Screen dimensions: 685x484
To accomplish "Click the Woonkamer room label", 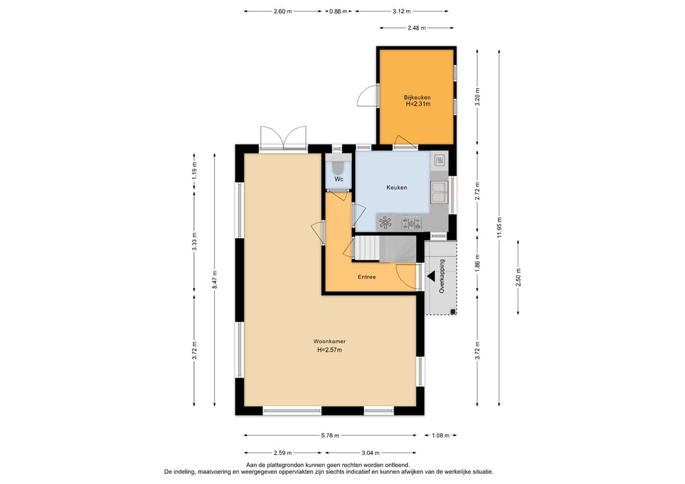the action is coord(329,342).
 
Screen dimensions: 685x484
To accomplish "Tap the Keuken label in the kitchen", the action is coord(396,187).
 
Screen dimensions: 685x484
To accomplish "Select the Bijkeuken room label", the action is coord(417,98).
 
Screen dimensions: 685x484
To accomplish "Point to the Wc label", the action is coord(339,179).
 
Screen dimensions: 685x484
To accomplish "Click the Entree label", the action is coord(367,277).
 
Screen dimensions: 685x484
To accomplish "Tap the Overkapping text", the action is coord(441,276).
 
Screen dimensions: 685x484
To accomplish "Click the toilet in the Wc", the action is coord(339,166).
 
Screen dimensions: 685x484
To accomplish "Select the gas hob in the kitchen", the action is coord(412,223).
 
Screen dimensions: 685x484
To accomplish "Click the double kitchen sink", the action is coord(439,192).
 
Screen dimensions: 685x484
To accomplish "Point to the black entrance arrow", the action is coord(431,276).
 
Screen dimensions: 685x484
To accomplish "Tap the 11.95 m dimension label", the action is coord(499,227).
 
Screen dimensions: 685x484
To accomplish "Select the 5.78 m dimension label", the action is coord(330,436).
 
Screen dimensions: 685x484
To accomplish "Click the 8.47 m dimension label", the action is coord(214,279).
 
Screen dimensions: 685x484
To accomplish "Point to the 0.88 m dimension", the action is coord(338,11).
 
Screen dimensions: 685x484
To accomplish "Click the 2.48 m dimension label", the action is coord(417,28).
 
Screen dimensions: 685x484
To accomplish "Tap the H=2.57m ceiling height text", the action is coord(329,350).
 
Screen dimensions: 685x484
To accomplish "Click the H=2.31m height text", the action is coord(418,104).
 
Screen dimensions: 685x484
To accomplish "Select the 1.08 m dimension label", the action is coord(441,436).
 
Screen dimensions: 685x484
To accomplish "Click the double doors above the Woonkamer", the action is coord(283,138).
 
